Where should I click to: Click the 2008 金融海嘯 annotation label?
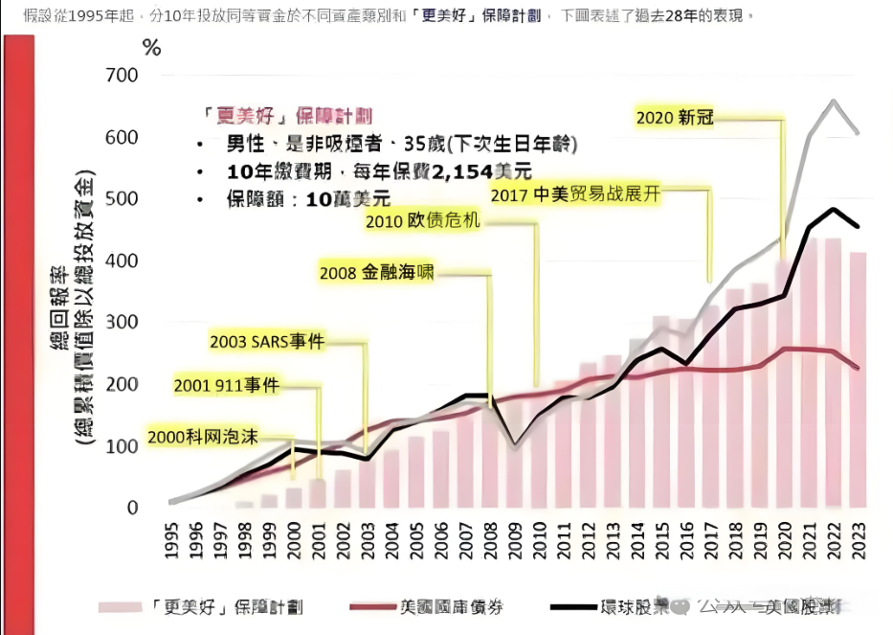(376, 273)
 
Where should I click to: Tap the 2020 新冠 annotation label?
(675, 118)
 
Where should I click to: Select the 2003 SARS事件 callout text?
(267, 341)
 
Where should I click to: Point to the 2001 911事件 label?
(226, 386)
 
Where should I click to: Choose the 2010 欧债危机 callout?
(422, 220)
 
